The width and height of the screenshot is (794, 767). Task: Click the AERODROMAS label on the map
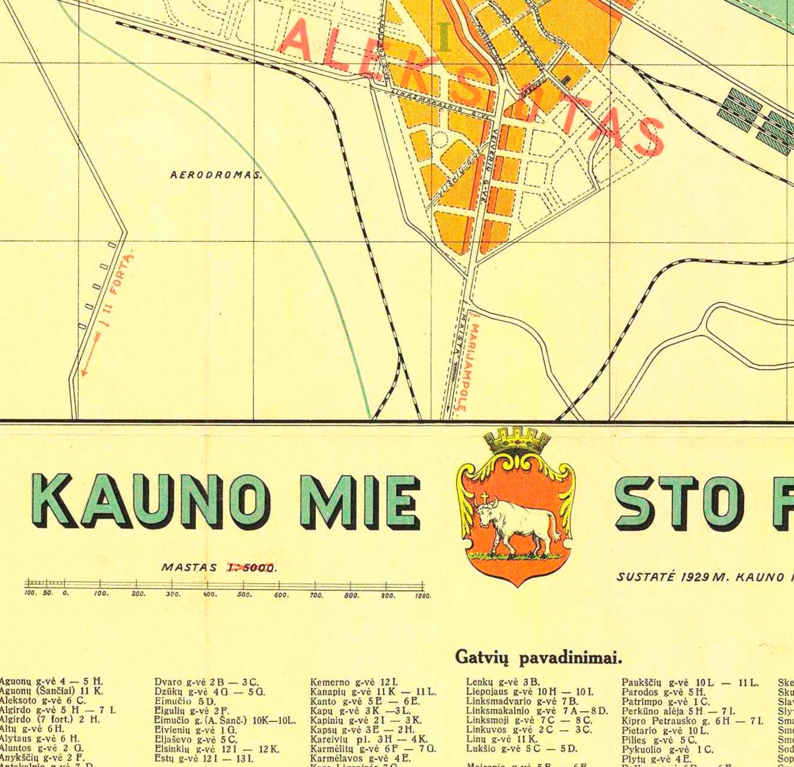pos(216,175)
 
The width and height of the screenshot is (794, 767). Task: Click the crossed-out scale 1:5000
pos(251,567)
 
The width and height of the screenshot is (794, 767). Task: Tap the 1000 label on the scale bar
pos(422,595)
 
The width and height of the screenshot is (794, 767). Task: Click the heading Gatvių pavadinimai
pos(538,657)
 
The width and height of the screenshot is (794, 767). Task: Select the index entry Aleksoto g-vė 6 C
pos(42,700)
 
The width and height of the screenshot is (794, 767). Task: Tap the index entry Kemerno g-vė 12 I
pos(354,682)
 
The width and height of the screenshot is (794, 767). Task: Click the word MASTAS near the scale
pos(189,567)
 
